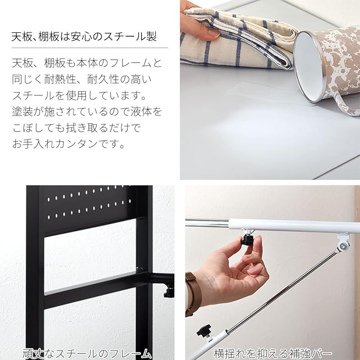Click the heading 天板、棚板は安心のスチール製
(x=84, y=36)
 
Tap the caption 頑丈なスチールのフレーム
(x=87, y=352)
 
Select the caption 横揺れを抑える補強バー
(x=273, y=352)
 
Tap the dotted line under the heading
(x=90, y=47)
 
